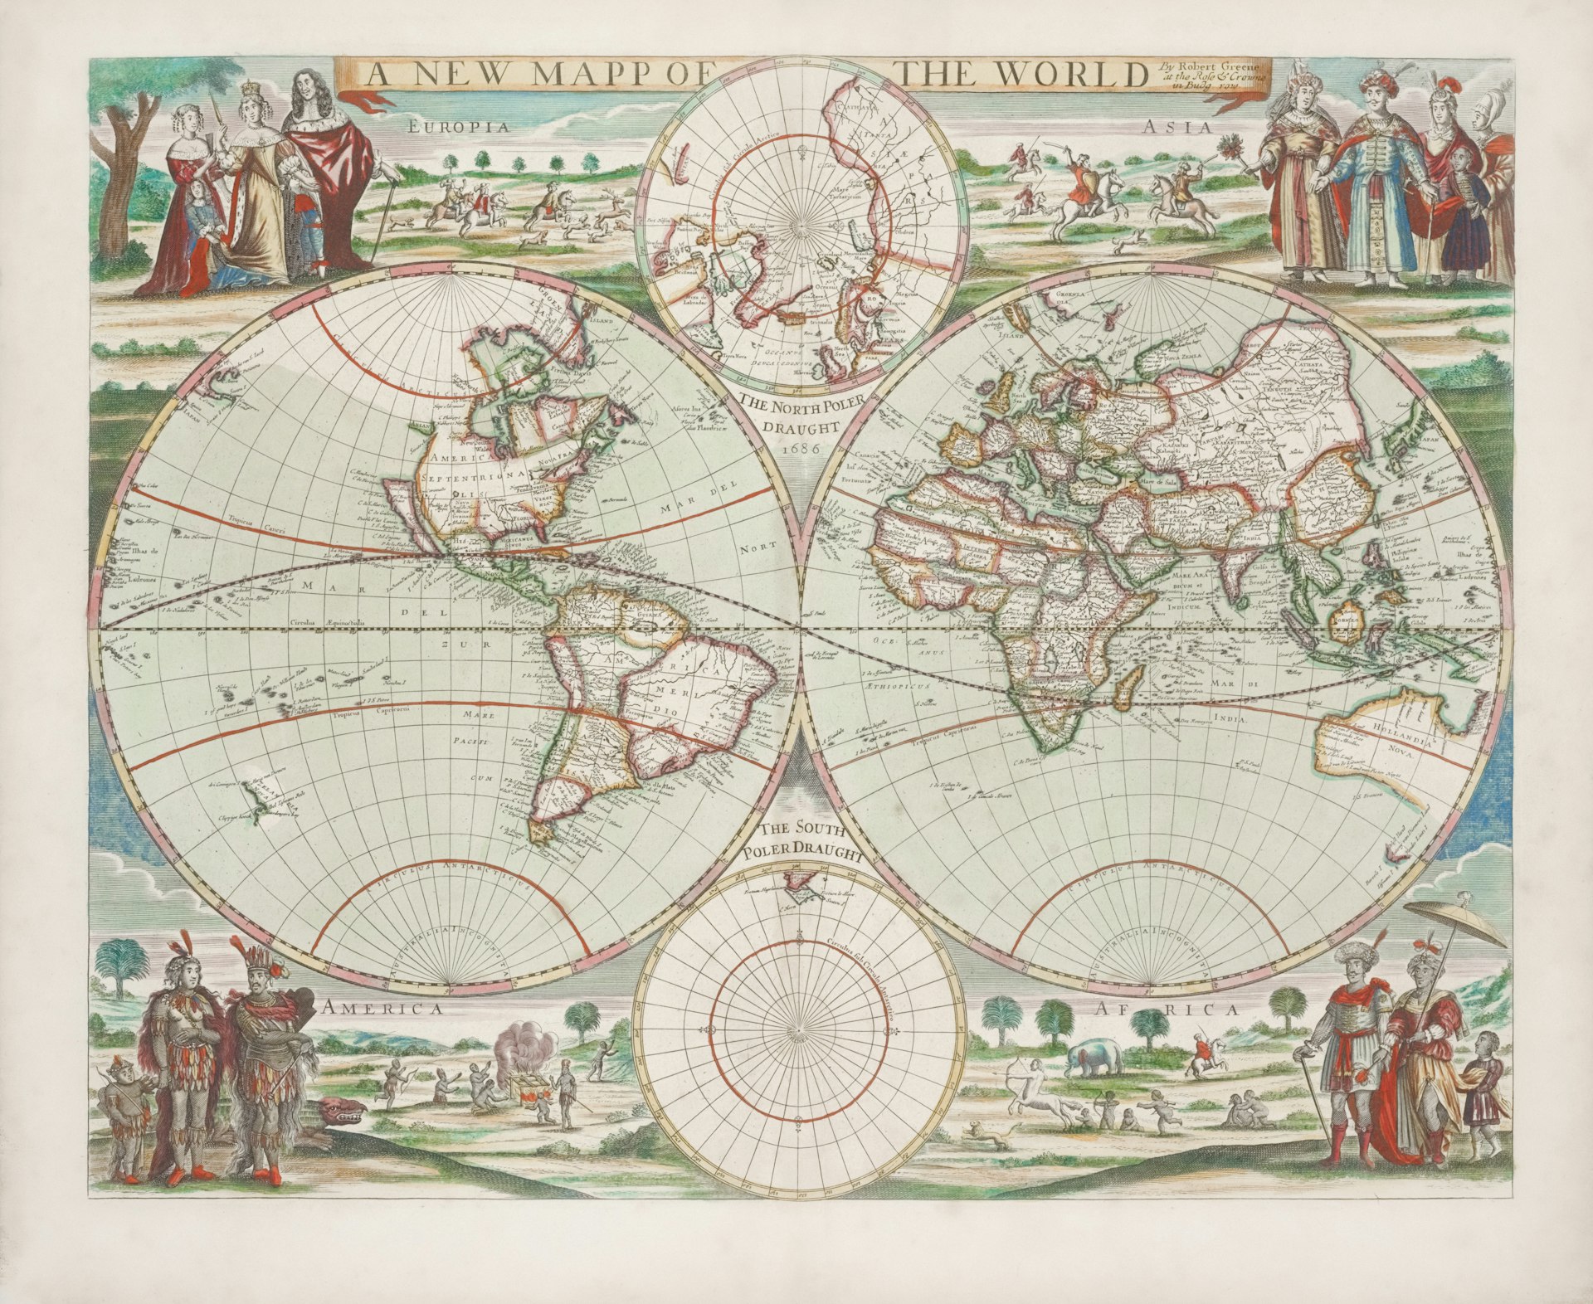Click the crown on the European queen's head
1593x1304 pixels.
coord(246,90)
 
